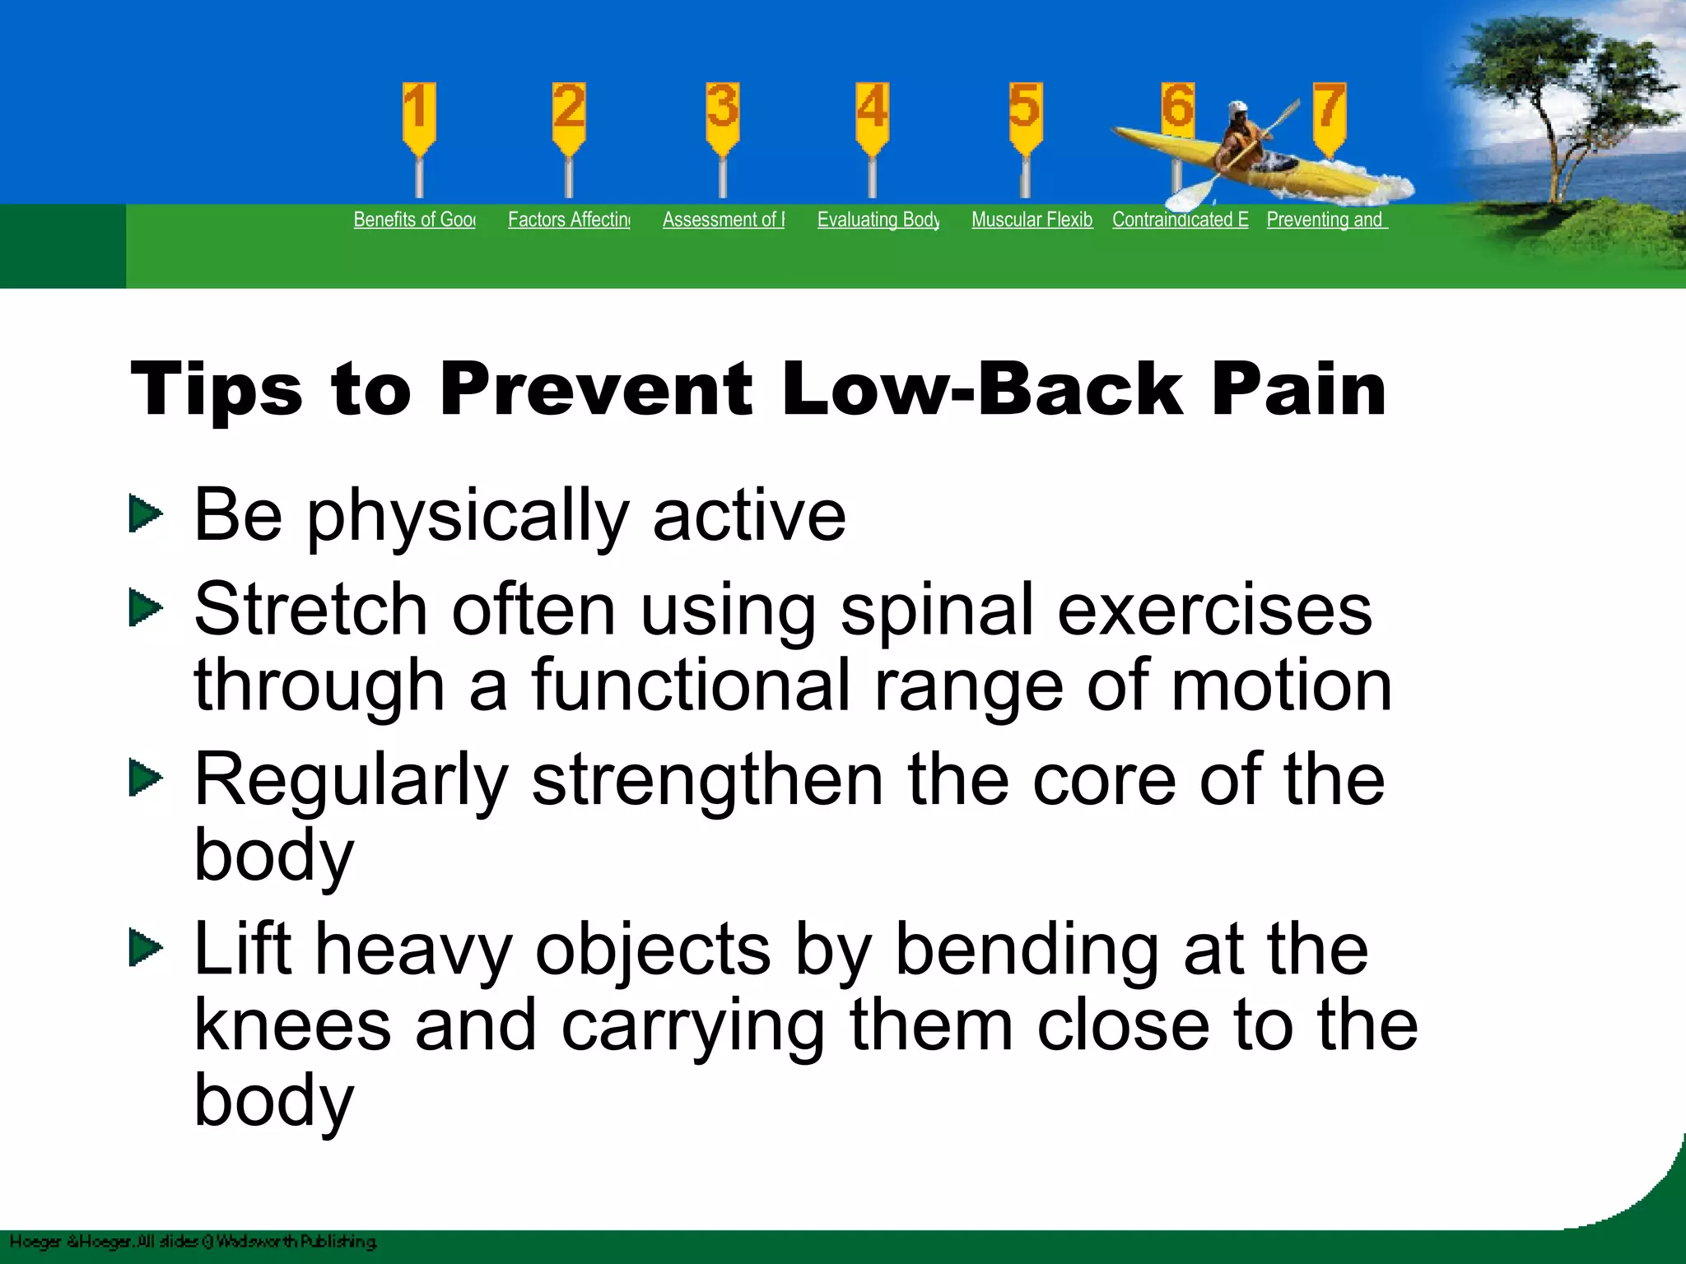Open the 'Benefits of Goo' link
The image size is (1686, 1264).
[x=414, y=220]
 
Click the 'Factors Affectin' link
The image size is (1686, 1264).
[x=569, y=220]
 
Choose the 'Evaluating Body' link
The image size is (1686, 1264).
[x=878, y=220]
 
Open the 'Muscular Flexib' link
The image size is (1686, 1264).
[x=1032, y=220]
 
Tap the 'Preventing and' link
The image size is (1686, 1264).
[x=1326, y=220]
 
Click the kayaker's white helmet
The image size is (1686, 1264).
[x=1237, y=109]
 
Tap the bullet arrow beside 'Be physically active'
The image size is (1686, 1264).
[x=146, y=514]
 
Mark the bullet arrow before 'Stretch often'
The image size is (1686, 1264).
[x=146, y=609]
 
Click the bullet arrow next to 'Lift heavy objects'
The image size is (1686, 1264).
[x=146, y=949]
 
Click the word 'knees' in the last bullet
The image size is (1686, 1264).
[x=292, y=1025]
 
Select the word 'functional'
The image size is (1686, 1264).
[x=691, y=686]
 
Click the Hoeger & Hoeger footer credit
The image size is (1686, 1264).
[x=193, y=1242]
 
